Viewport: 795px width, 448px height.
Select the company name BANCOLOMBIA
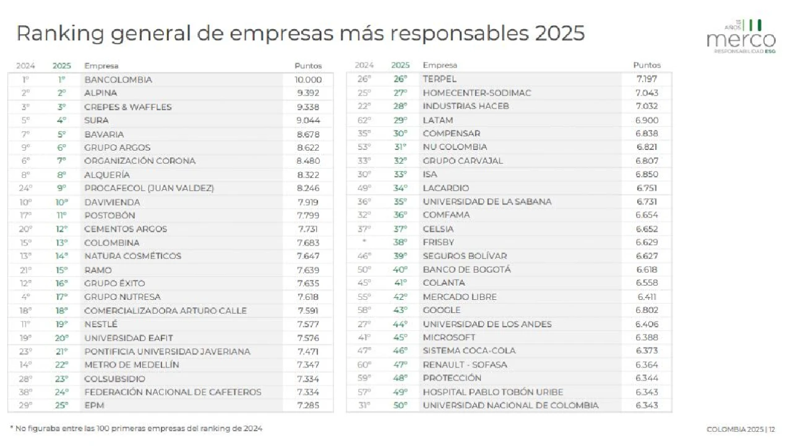pos(118,80)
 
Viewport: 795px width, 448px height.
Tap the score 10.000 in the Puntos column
pos(308,80)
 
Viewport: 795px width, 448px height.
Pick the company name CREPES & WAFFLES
pos(128,107)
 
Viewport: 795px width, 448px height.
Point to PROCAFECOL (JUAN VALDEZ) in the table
pos(149,188)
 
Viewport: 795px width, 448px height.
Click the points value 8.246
pos(308,188)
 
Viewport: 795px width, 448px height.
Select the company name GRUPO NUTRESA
pos(122,297)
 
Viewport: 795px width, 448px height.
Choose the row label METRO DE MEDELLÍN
pos(132,365)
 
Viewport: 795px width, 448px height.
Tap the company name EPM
pos(94,406)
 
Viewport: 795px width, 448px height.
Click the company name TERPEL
pos(439,79)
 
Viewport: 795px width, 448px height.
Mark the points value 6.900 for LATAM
pos(647,120)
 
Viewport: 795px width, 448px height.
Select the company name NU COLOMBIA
pos(455,147)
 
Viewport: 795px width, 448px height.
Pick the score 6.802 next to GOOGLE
pos(647,310)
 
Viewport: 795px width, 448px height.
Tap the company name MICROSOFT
pos(449,338)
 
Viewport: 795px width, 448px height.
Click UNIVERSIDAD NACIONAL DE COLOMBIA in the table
pos(510,406)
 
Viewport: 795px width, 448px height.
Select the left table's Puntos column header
pos(308,66)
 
